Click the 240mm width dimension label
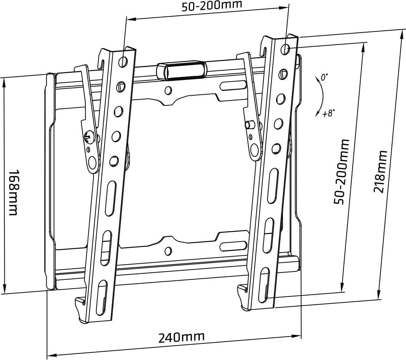pos(181,337)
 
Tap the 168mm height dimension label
pos(13,192)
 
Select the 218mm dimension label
pos(380,172)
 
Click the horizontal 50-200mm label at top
pos(212,5)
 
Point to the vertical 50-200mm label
pos(341,172)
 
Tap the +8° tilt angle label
pos(328,113)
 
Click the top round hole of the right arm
pos(285,49)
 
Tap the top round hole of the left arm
pos(123,62)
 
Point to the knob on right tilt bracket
pos(249,124)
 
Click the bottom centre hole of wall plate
pos(168,251)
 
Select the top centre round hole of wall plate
pos(168,90)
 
